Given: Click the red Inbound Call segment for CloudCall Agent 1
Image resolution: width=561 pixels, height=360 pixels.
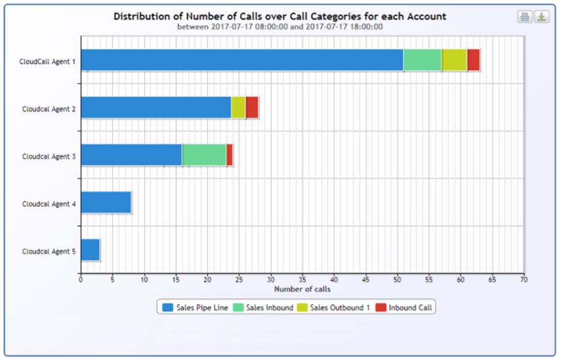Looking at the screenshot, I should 473,60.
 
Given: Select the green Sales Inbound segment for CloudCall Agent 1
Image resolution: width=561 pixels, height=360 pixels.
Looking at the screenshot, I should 423,60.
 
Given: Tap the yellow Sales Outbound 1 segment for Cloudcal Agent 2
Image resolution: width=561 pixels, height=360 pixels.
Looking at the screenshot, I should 238,108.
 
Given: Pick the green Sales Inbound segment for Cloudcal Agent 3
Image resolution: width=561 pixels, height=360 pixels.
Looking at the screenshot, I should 204,155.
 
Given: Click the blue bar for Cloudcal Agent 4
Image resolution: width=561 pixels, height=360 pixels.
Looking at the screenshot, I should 106,203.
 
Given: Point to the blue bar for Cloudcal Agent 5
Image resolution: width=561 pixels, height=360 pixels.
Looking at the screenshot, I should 90,250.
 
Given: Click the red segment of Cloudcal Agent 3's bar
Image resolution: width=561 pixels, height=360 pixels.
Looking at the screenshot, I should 230,155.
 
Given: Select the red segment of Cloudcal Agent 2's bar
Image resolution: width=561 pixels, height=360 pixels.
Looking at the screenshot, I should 252,108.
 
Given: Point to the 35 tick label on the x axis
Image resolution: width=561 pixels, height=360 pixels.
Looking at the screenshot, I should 302,279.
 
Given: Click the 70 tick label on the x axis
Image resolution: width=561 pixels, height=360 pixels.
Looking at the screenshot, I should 524,279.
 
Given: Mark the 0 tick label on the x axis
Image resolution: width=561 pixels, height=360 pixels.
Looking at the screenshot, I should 81,279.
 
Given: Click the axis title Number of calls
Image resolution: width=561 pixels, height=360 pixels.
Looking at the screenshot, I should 302,289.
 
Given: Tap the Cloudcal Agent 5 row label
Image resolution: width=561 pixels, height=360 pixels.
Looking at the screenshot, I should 49,251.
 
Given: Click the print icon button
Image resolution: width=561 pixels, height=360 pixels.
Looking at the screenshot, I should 525,17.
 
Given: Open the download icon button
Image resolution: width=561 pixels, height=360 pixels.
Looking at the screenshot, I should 541,17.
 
